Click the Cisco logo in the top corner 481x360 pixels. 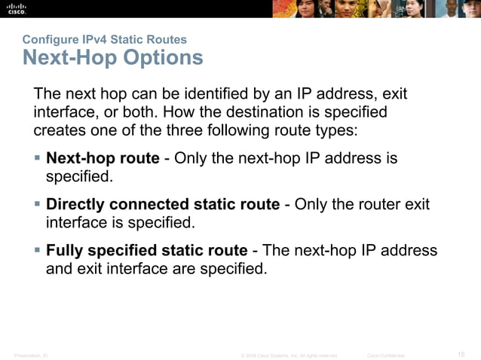16,8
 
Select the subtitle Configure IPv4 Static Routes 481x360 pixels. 105,39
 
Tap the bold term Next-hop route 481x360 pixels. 103,159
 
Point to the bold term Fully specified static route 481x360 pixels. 146,251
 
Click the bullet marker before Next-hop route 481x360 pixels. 38,159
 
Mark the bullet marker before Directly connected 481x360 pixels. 38,205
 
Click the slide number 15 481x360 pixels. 461,354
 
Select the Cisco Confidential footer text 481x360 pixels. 385,355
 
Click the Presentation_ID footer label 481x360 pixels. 31,355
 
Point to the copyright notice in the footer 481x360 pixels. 288,355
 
